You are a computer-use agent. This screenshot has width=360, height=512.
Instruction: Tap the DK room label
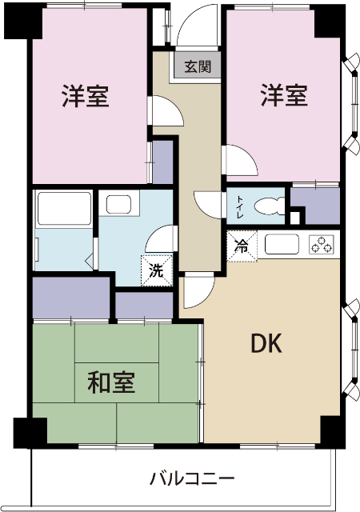click(266, 343)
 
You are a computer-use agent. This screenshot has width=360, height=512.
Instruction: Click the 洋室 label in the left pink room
click(86, 97)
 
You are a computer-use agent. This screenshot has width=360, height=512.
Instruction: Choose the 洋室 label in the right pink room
click(283, 95)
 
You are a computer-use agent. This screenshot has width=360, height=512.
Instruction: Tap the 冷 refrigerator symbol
click(241, 246)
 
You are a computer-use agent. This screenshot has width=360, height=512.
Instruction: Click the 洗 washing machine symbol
click(157, 270)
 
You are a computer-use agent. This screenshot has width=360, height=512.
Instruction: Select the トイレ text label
click(240, 207)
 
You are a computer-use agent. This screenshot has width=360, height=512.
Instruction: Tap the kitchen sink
click(281, 243)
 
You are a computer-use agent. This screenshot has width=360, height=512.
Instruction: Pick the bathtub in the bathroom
click(64, 210)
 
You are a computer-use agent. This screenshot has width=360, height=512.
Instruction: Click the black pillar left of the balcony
click(26, 433)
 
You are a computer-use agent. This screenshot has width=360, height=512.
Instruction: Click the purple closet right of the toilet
click(315, 206)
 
